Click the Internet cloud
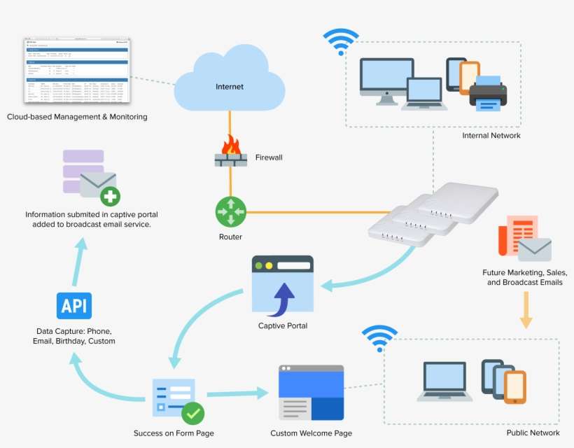point(230,84)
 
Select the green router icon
point(230,211)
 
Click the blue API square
point(74,306)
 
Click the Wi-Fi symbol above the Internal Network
point(341,41)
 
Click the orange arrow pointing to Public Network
point(526,310)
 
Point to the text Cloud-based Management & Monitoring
point(77,117)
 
